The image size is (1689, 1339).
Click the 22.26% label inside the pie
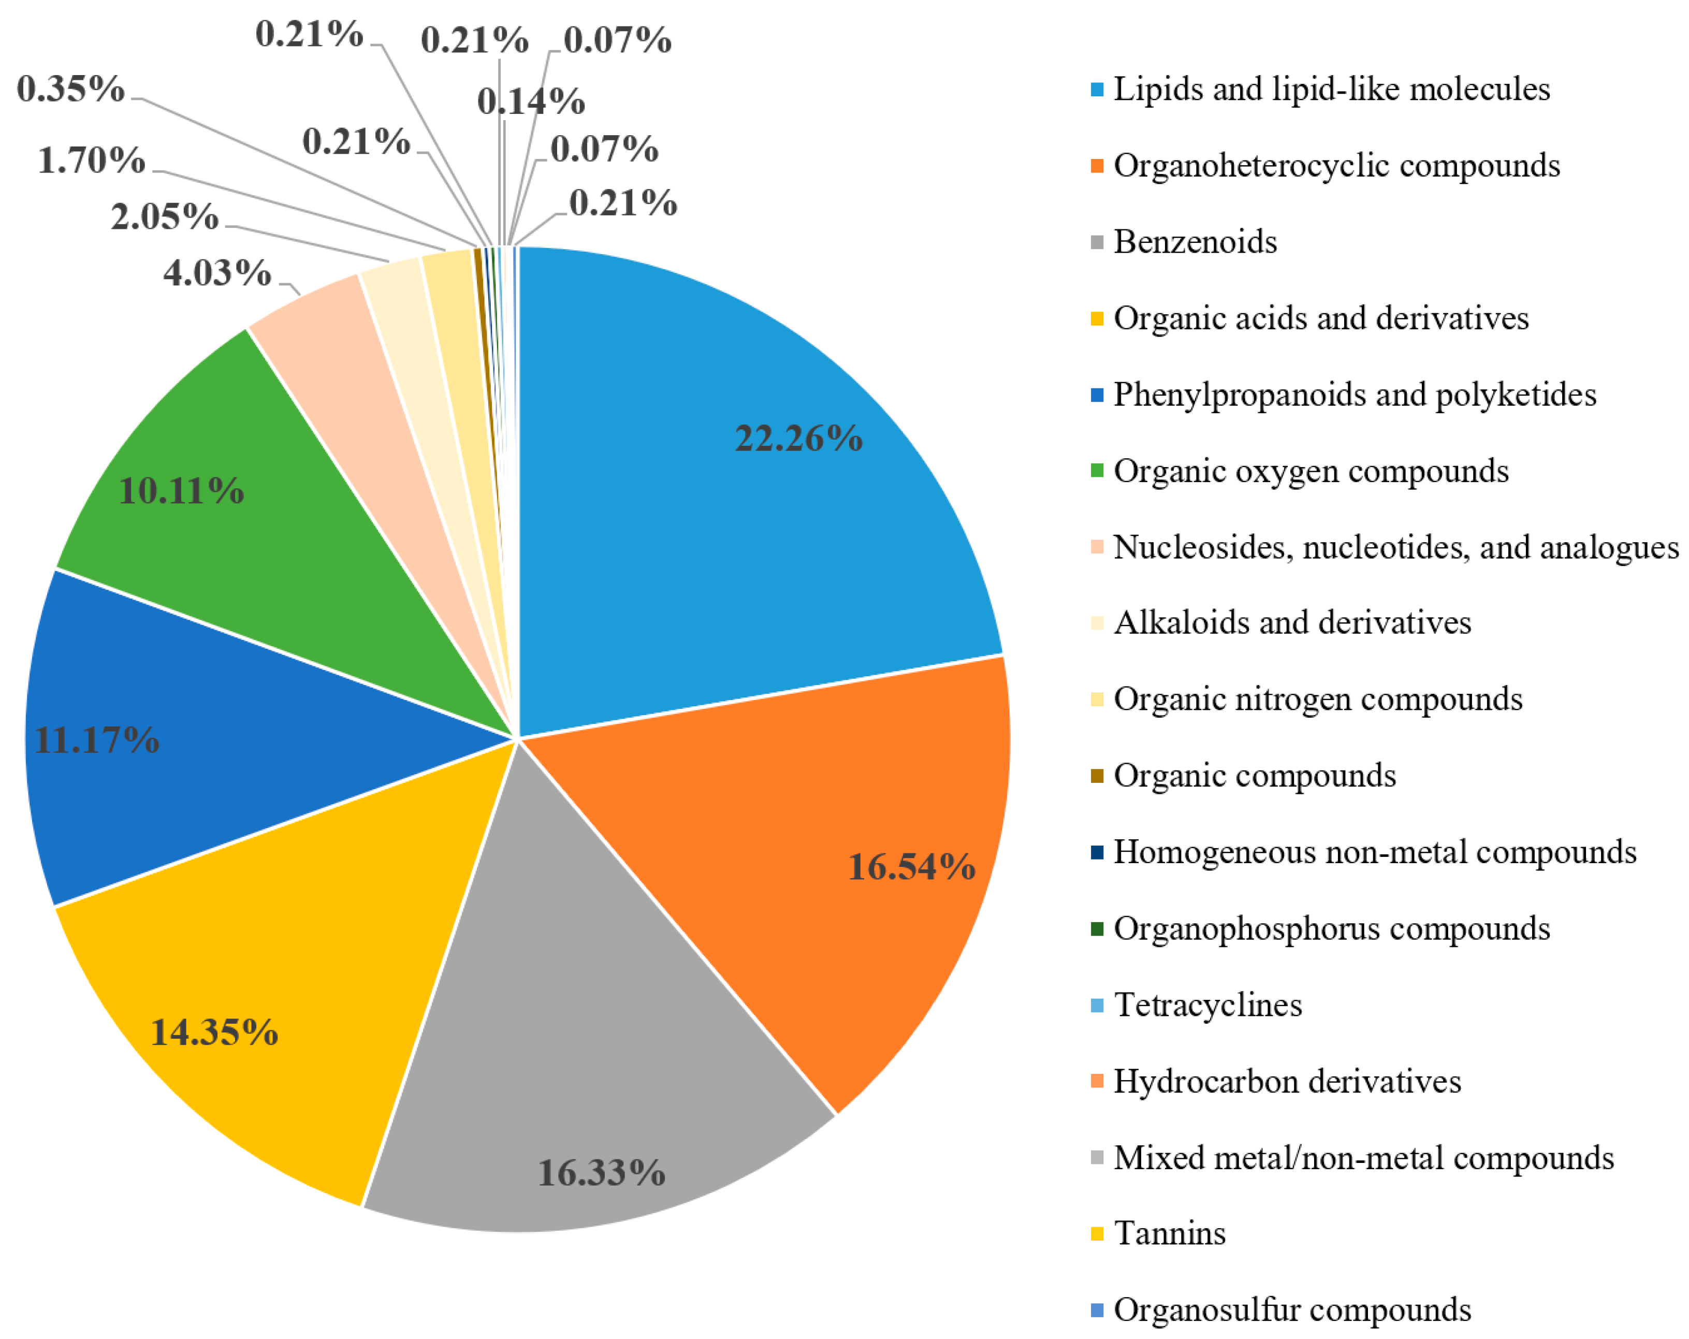pos(797,438)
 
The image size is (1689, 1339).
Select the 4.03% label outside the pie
pos(217,273)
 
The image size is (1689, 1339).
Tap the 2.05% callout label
pos(165,217)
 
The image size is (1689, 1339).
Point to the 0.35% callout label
pos(70,90)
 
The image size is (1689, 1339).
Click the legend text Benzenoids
pos(1195,242)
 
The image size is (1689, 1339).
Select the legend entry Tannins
pos(1169,1233)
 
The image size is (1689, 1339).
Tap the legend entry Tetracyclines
pos(1207,1005)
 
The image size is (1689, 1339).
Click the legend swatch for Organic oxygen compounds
pos(1097,471)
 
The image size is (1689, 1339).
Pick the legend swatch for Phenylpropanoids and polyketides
pos(1097,395)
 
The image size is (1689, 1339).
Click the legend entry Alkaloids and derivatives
pos(1292,623)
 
